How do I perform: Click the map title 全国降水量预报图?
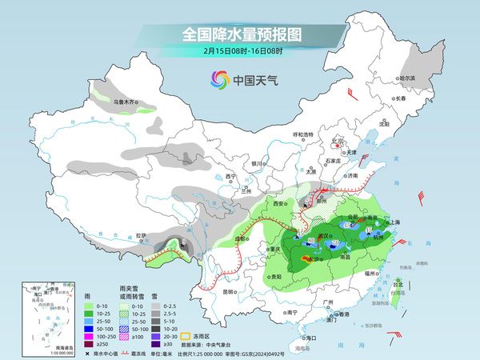239,35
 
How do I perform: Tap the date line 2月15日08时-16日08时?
239,51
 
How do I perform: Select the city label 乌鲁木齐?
126,102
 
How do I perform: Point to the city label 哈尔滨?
408,78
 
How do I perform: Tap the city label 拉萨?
142,235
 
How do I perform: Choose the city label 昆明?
229,291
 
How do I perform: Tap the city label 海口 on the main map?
311,338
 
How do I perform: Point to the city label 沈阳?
384,124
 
